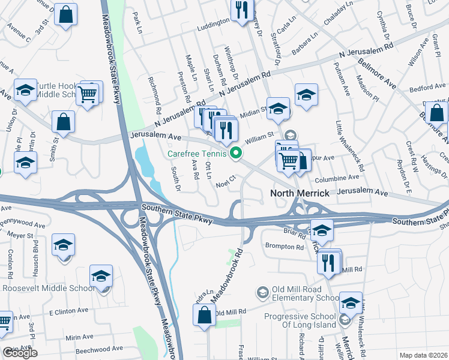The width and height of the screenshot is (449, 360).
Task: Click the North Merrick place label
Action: click(300, 193)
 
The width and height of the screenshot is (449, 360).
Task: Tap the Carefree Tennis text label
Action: click(196, 154)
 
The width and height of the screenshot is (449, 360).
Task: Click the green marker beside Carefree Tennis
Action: click(236, 154)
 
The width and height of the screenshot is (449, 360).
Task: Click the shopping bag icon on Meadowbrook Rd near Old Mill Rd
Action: click(204, 314)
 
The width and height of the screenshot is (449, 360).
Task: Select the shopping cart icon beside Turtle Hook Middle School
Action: click(88, 94)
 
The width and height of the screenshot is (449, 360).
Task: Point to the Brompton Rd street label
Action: click(285, 246)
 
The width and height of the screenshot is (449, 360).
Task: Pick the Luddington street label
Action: click(213, 22)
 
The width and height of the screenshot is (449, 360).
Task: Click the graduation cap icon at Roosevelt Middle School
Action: click(101, 276)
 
